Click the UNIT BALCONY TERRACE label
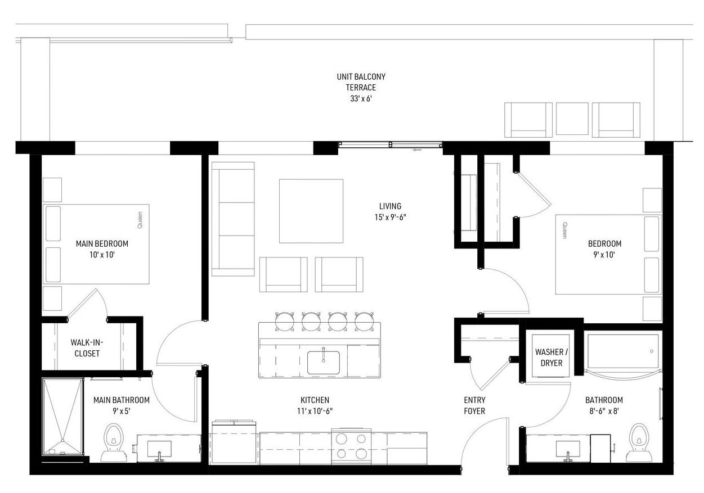pyautogui.click(x=361, y=82)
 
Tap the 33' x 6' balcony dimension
pyautogui.click(x=361, y=98)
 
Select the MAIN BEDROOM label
pyautogui.click(x=102, y=243)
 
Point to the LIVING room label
pyautogui.click(x=390, y=206)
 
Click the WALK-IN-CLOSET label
pyautogui.click(x=87, y=347)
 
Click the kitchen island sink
pyautogui.click(x=324, y=363)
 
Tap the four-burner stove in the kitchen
pyautogui.click(x=351, y=446)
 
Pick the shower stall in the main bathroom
pyautogui.click(x=63, y=417)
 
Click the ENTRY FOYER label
pyautogui.click(x=474, y=405)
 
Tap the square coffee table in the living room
pyautogui.click(x=311, y=211)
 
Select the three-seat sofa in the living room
pyautogui.click(x=233, y=219)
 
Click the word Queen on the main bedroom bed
pyautogui.click(x=140, y=220)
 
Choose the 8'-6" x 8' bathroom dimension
pyautogui.click(x=603, y=411)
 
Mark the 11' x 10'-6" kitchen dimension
pyautogui.click(x=315, y=411)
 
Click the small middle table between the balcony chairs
pyautogui.click(x=572, y=119)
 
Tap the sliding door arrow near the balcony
pyautogui.click(x=417, y=150)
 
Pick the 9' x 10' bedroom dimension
pyautogui.click(x=604, y=254)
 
